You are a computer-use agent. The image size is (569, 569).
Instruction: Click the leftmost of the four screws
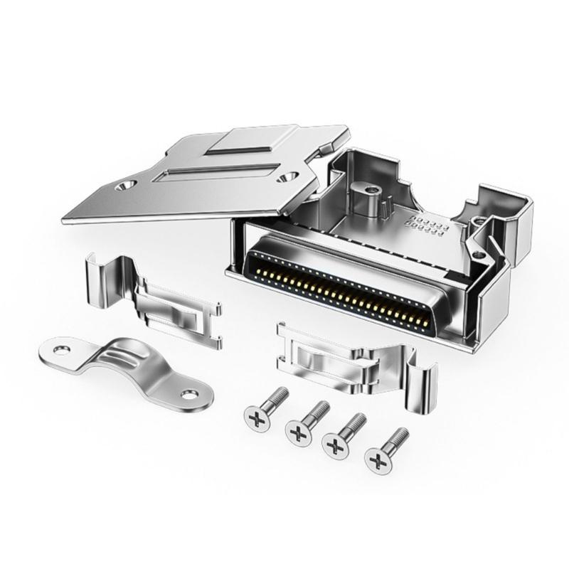[x=264, y=408]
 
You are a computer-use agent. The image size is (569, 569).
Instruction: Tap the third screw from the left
[x=343, y=436]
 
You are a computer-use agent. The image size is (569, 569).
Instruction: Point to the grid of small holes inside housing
[x=427, y=225]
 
